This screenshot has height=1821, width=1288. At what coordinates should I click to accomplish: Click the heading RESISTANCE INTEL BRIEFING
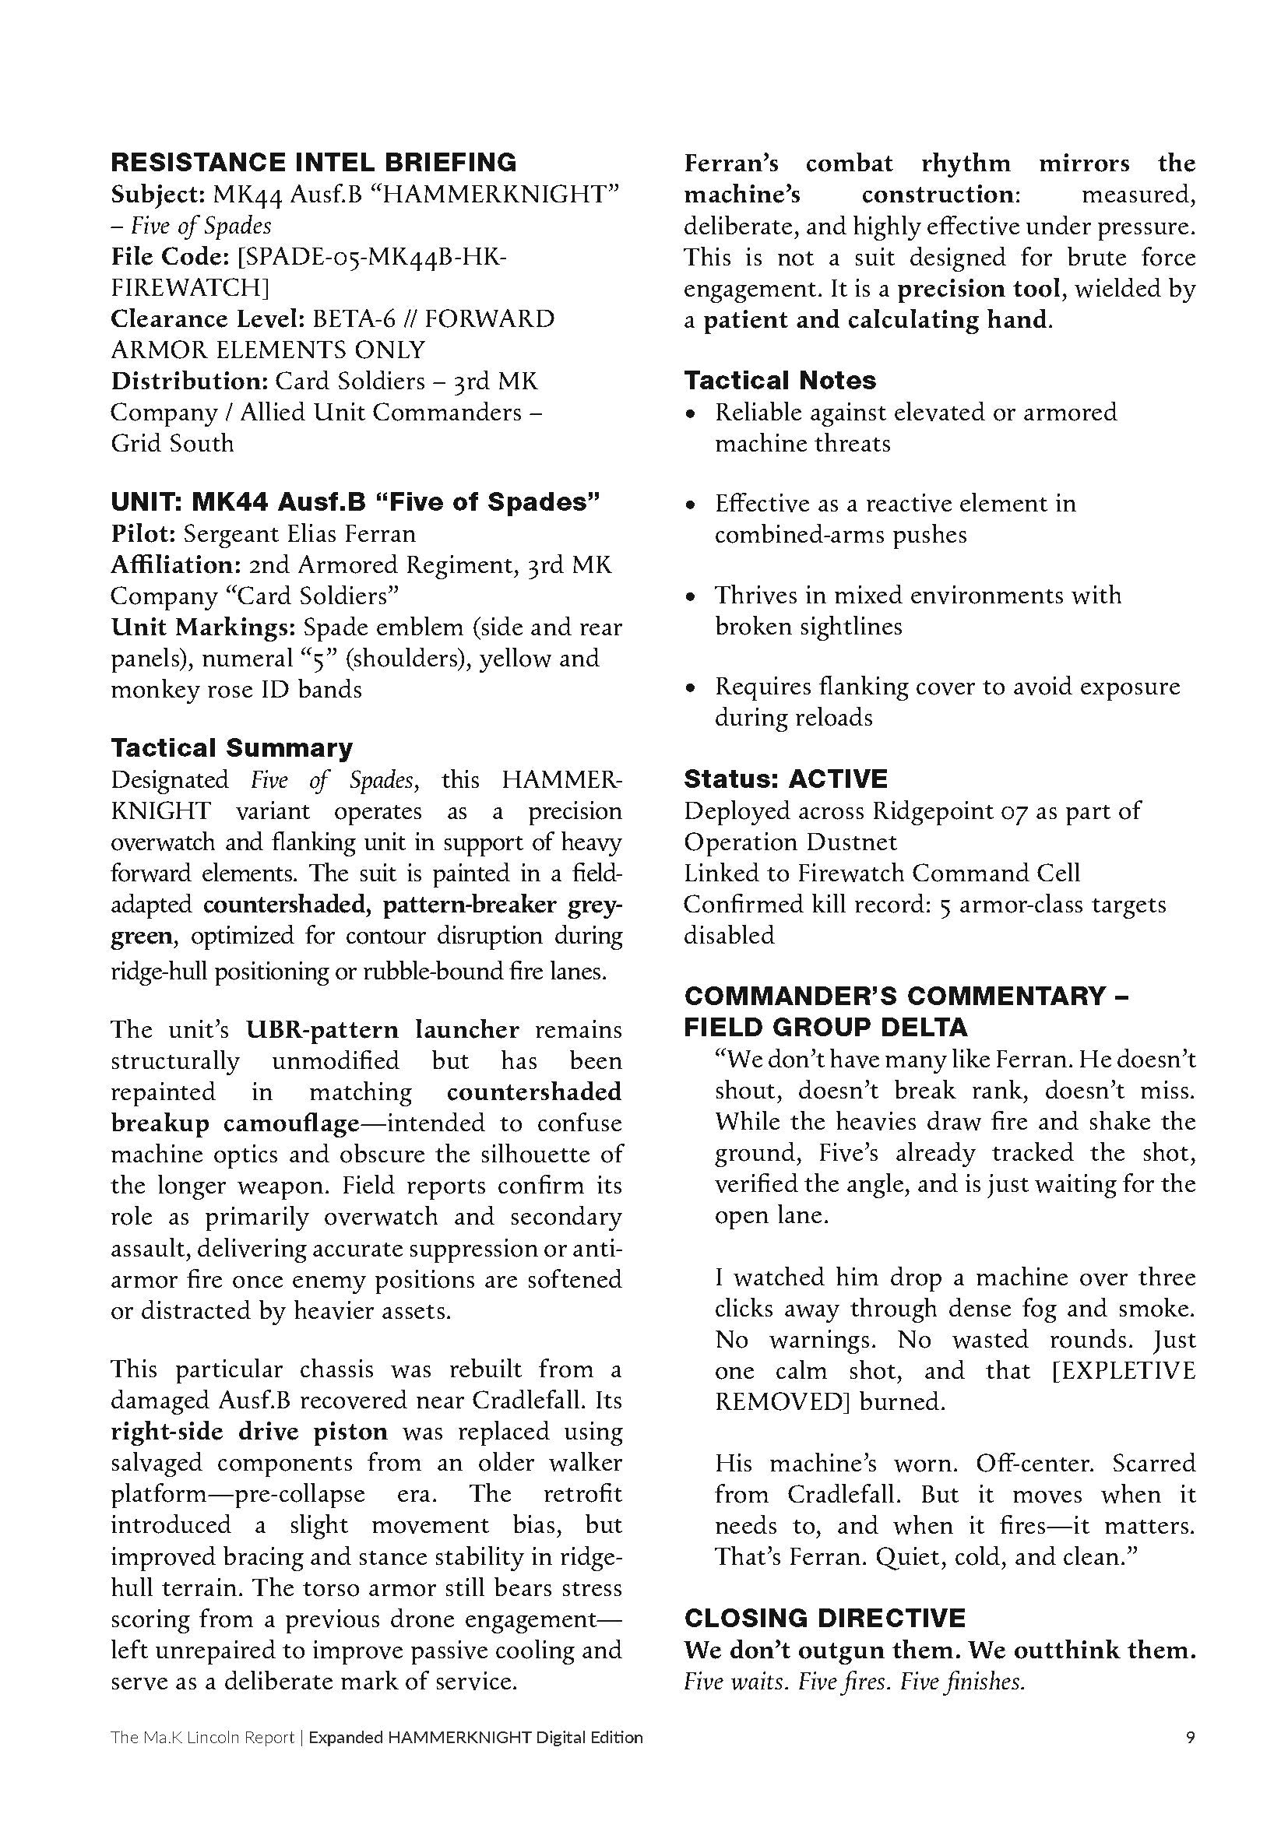click(x=313, y=163)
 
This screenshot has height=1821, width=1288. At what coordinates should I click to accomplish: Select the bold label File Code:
click(x=165, y=257)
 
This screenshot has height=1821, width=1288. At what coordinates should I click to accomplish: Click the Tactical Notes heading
click(x=779, y=381)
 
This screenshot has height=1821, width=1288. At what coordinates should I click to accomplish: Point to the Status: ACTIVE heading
click(x=785, y=779)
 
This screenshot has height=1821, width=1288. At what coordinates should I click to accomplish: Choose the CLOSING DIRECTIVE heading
click(x=825, y=1618)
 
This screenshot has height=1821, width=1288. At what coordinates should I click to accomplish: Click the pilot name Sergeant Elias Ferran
click(x=300, y=534)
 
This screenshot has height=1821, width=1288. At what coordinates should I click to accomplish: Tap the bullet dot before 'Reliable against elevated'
click(x=692, y=413)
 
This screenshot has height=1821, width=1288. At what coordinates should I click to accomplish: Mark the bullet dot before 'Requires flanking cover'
click(x=692, y=687)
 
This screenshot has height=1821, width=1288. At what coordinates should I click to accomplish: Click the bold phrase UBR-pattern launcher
click(x=382, y=1029)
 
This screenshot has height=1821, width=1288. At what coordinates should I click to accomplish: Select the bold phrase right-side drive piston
click(x=249, y=1431)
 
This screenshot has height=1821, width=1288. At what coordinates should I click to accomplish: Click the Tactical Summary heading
click(x=231, y=748)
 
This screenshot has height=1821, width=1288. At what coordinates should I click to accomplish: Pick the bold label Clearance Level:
click(x=208, y=319)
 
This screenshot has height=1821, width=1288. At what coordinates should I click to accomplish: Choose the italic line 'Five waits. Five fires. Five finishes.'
click(x=854, y=1682)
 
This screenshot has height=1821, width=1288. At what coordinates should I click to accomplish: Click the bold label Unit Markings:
click(x=203, y=628)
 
